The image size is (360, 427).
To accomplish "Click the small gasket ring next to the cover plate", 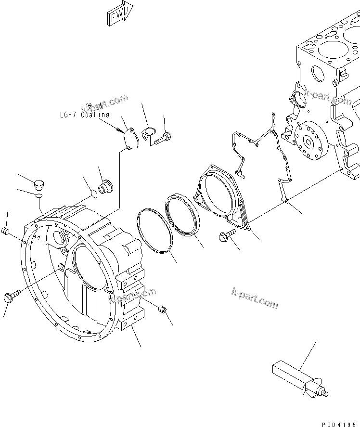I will (x=150, y=132).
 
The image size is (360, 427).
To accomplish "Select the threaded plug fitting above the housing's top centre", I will (x=105, y=187).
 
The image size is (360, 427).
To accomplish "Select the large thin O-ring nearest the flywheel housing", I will (x=154, y=230).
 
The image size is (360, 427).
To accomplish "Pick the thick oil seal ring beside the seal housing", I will (x=181, y=215).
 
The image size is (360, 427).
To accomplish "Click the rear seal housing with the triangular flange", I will (x=219, y=193).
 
